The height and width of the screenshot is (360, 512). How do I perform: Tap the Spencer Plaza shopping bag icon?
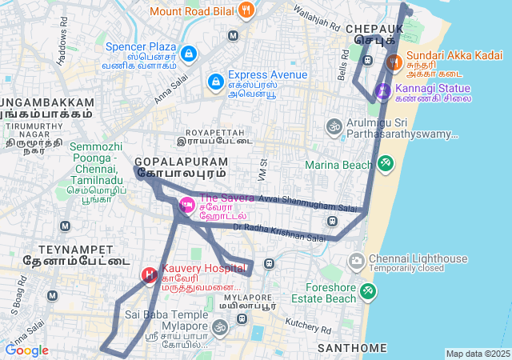(188, 54)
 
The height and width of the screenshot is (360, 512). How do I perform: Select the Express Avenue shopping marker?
(215, 82)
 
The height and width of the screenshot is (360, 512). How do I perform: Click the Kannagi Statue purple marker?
(383, 91)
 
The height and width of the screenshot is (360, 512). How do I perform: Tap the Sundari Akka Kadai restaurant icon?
(393, 62)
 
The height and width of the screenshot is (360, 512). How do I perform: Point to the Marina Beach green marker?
(386, 164)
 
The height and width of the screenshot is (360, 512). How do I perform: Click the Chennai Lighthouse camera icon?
(357, 261)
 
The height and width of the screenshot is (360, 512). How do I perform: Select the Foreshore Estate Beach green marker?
(367, 291)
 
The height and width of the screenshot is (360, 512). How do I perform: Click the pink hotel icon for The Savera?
(187, 205)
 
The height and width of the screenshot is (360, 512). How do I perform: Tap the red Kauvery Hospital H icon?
(149, 275)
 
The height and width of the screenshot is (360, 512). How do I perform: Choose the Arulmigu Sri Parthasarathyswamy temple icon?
(334, 126)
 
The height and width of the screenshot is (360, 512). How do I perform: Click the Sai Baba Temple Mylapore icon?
(219, 326)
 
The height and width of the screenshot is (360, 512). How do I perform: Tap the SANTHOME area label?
(352, 349)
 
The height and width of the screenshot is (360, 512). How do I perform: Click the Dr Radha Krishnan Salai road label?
(279, 232)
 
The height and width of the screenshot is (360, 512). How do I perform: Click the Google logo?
(26, 350)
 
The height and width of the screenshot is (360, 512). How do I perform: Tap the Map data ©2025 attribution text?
(477, 354)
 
